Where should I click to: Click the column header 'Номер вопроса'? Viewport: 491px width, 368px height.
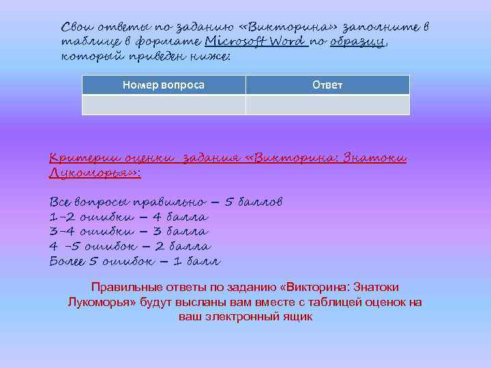163,85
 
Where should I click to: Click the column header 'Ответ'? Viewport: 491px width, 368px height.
327,85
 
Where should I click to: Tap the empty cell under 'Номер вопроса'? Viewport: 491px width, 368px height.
163,105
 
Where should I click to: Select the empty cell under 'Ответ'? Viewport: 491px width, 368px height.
327,105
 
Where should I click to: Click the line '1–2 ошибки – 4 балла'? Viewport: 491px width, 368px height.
129,217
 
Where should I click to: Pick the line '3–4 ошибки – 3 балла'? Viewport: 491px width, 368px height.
129,232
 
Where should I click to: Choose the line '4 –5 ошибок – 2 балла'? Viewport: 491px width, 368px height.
130,247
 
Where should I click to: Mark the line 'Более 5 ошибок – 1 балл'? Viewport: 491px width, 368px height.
135,261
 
